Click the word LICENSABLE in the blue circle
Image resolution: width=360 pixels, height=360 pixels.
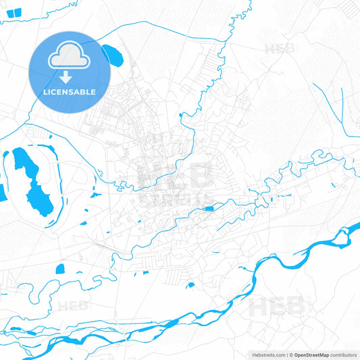tap(70, 92)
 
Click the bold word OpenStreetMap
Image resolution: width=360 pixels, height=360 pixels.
tap(312, 355)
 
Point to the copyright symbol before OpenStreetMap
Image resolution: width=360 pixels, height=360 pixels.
tap(291, 355)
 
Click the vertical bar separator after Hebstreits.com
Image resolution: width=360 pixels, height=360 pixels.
tap(286, 355)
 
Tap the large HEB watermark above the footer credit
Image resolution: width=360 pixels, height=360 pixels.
tap(277, 307)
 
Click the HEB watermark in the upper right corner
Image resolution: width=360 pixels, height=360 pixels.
tap(280, 49)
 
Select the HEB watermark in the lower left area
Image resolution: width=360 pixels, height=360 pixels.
tap(73, 306)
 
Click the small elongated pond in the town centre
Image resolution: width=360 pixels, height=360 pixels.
tap(209, 209)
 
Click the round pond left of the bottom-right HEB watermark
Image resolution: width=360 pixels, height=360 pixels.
tap(190, 286)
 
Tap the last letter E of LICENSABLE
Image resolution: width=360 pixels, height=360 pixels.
tap(93, 92)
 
